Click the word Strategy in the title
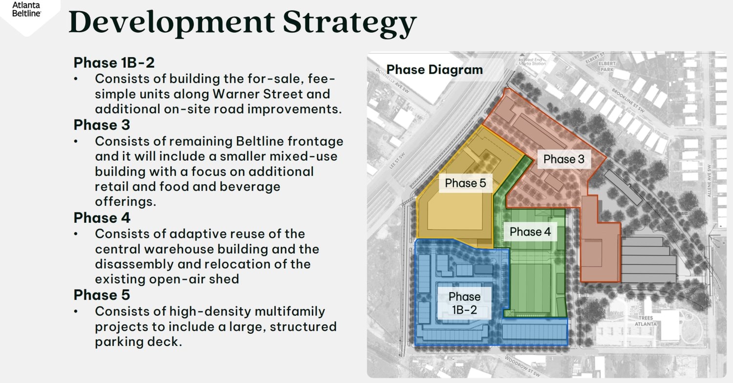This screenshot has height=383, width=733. point(350,22)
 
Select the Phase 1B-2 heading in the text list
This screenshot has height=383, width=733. point(114,63)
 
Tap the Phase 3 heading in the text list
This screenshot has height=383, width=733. point(102,125)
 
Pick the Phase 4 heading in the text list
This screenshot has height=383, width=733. point(102,217)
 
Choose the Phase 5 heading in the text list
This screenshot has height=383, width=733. point(102,295)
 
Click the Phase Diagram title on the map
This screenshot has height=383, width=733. point(434,70)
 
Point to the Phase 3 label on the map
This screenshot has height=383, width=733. point(563,159)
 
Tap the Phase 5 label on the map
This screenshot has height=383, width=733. point(465,183)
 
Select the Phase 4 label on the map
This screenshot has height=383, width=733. point(530,232)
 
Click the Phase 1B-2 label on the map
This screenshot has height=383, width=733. point(464,302)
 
